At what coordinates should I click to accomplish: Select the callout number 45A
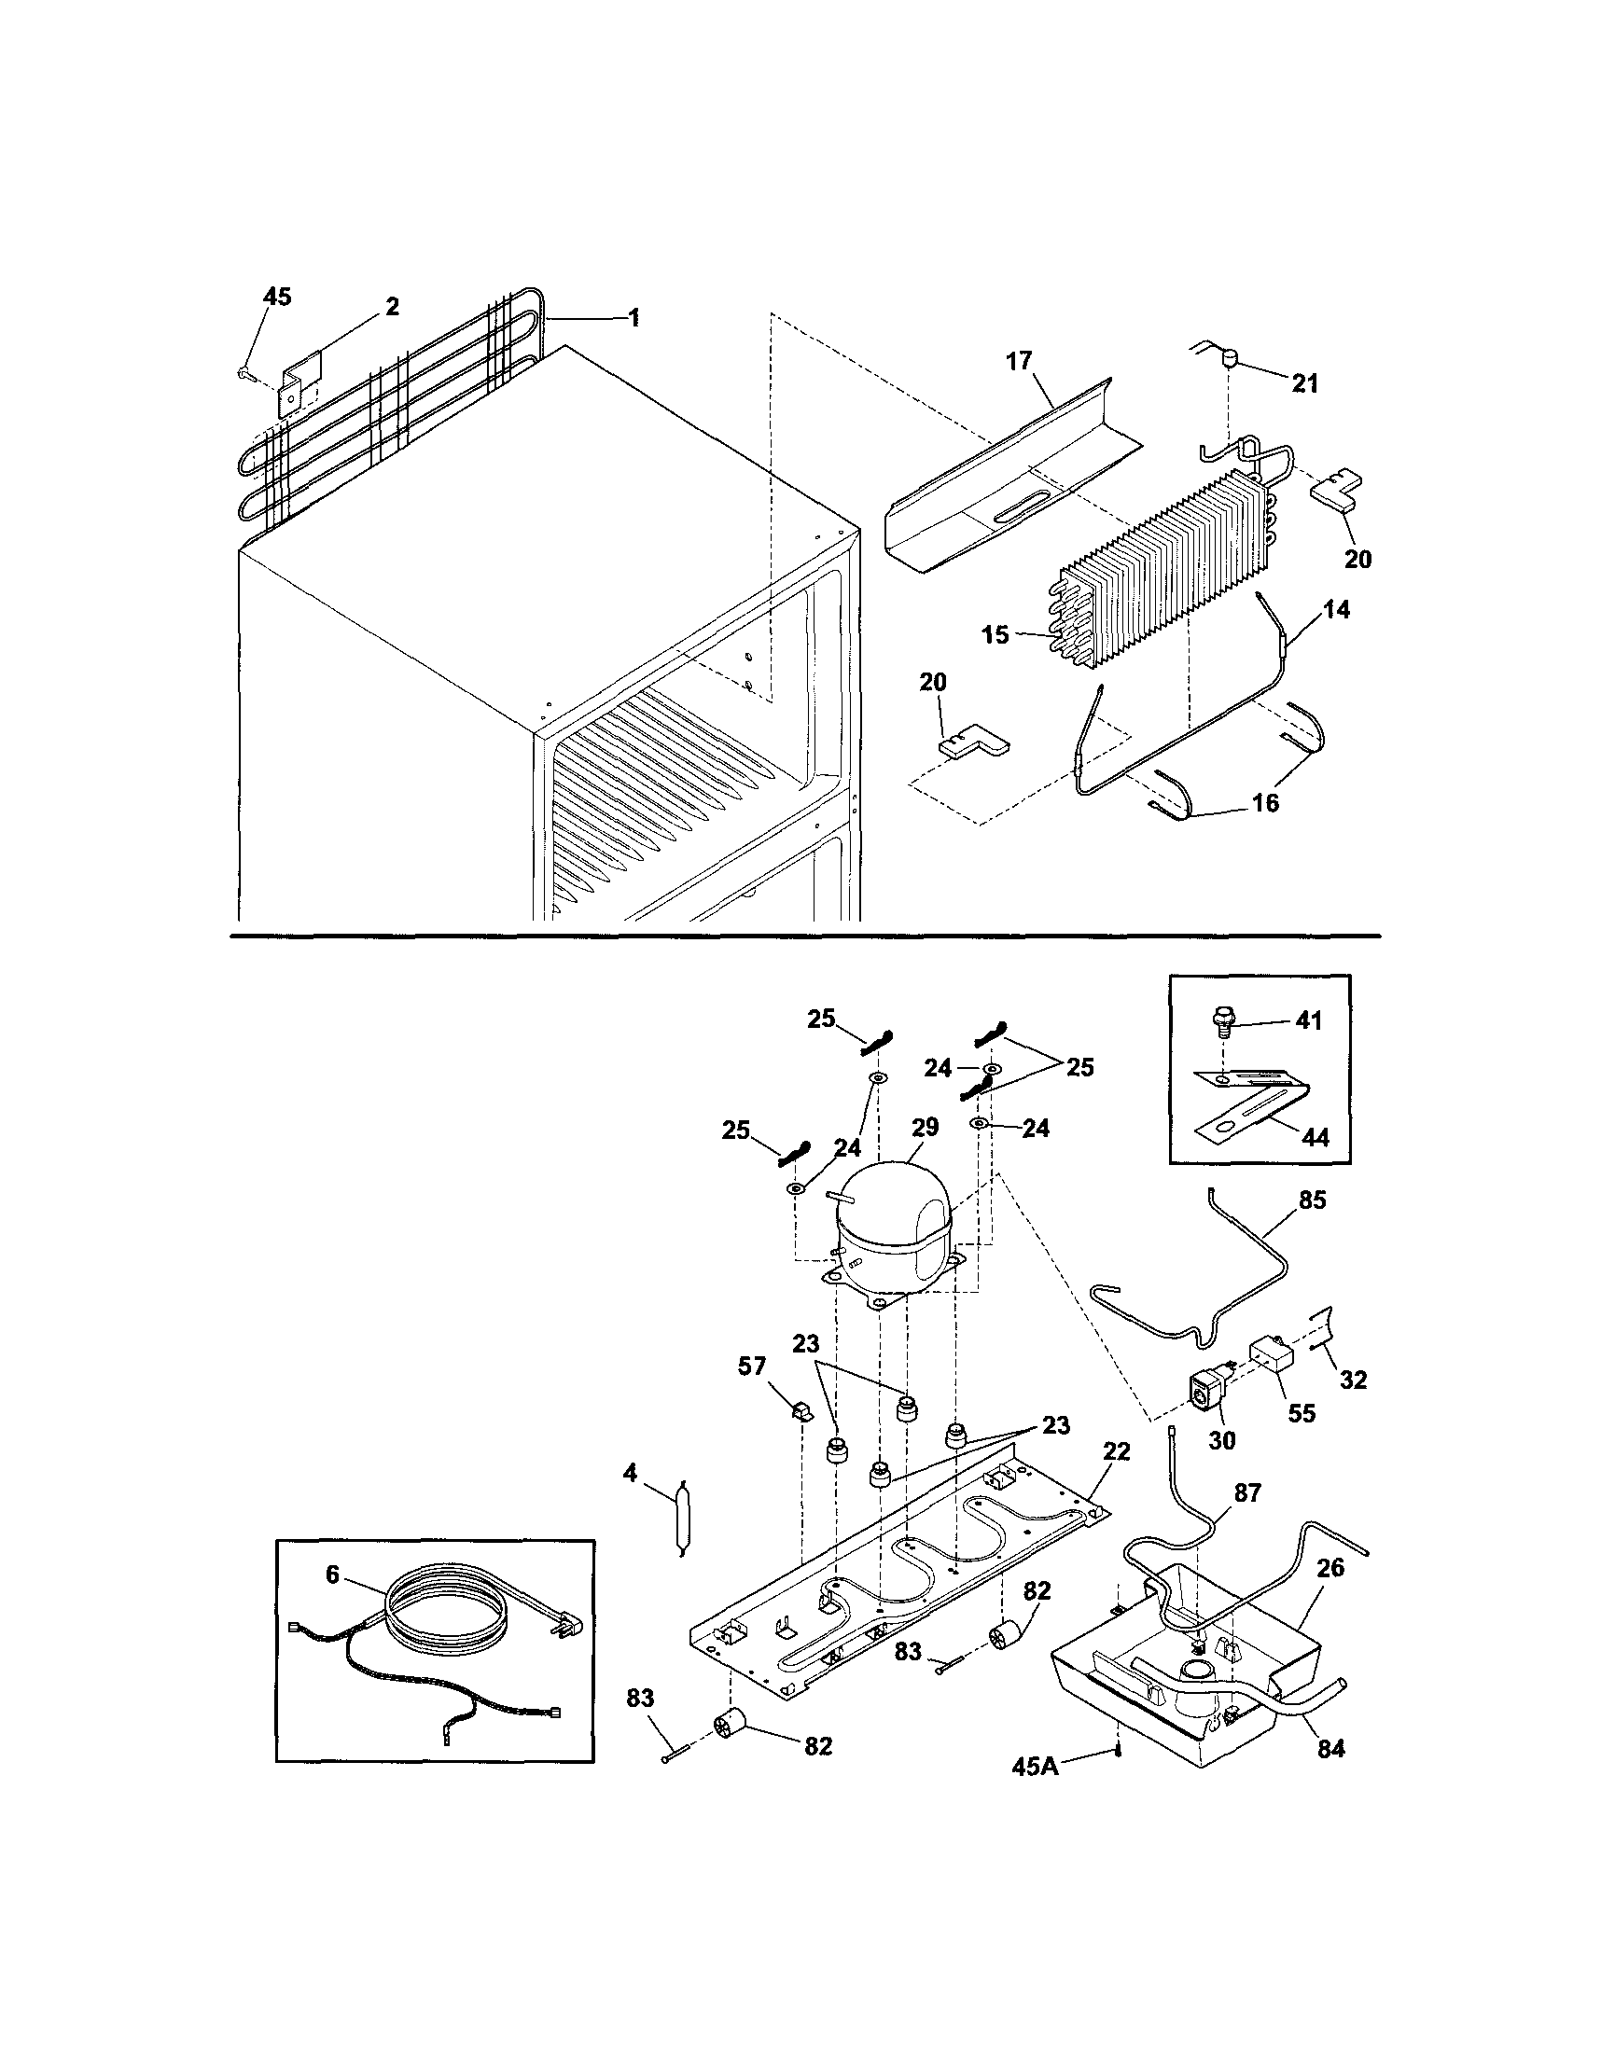pyautogui.click(x=1035, y=1766)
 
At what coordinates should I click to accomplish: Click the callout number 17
pyautogui.click(x=1019, y=361)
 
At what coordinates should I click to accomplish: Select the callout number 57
pyautogui.click(x=752, y=1366)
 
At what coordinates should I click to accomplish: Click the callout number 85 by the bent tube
pyautogui.click(x=1312, y=1200)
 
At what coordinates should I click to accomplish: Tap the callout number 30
pyautogui.click(x=1222, y=1440)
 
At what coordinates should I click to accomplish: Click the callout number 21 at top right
pyautogui.click(x=1304, y=383)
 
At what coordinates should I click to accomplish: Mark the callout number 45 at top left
pyautogui.click(x=276, y=297)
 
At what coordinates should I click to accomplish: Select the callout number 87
pyautogui.click(x=1247, y=1493)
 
